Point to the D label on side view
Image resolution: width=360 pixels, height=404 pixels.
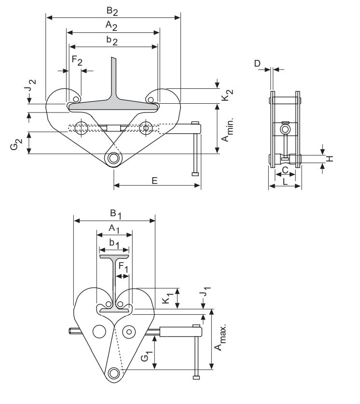point(257,63)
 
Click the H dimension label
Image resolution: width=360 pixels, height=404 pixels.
point(330,158)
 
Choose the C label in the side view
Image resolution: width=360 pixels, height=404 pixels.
point(285,170)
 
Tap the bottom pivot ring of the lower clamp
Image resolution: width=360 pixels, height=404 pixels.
point(114,374)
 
